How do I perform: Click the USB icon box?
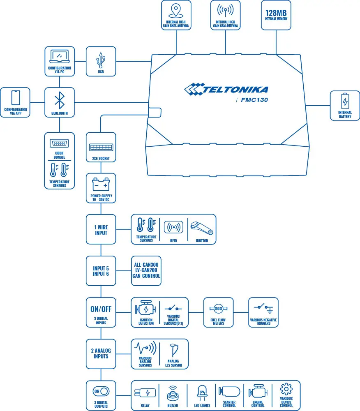[x=101, y=61]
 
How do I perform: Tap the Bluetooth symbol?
[x=60, y=100]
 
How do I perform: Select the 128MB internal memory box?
[x=276, y=15]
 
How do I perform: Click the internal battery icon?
[x=345, y=101]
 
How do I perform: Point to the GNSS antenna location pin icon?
[x=176, y=10]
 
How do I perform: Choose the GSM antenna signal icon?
[x=225, y=10]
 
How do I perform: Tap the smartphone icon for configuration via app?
[x=16, y=98]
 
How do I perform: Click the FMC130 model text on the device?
[x=254, y=99]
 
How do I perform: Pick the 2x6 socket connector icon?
[x=101, y=147]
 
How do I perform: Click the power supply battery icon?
[x=101, y=184]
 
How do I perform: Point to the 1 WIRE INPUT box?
[x=101, y=229]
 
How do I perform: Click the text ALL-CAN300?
[x=146, y=264]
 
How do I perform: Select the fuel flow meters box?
[x=218, y=312]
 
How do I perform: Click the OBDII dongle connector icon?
[x=59, y=143]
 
